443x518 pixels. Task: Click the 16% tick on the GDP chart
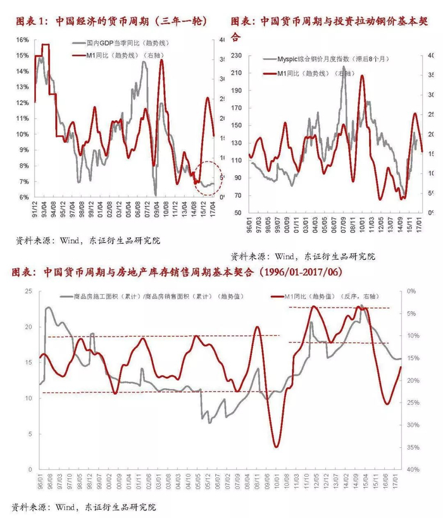(22, 40)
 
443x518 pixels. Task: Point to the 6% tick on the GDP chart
(23, 197)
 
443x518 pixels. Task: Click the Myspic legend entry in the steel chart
(316, 59)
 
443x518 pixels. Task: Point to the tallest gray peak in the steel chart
(344, 67)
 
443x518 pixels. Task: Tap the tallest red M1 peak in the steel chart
(362, 76)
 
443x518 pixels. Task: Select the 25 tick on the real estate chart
(28, 292)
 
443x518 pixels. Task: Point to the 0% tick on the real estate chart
(412, 292)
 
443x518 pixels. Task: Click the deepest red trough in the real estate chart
(277, 447)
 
